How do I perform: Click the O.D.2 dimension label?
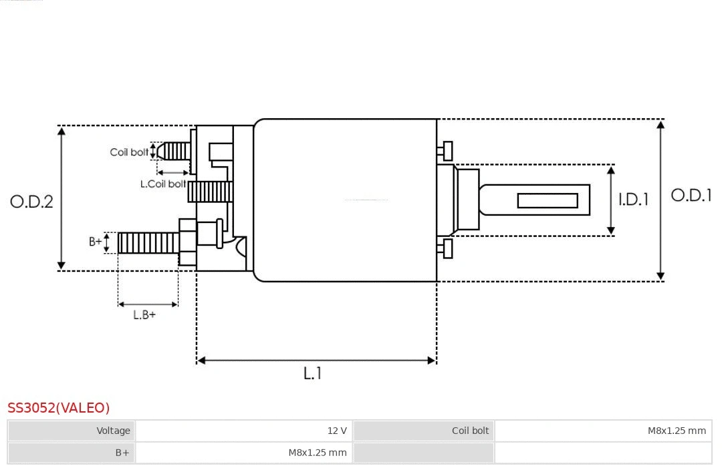tap(31, 201)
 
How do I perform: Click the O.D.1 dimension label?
tap(691, 196)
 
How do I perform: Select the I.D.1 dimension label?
tap(632, 199)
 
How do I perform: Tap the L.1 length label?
tap(312, 373)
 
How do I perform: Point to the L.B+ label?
tap(144, 314)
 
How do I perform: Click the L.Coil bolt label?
tap(163, 184)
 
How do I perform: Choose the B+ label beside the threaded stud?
tap(96, 242)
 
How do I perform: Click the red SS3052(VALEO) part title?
tap(59, 408)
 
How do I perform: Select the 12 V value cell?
tap(336, 431)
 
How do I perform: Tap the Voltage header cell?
tap(113, 431)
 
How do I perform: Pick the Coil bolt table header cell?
tap(470, 431)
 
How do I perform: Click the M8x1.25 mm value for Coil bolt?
tap(676, 431)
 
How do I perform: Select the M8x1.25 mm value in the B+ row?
tap(318, 453)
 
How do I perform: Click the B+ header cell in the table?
tap(122, 453)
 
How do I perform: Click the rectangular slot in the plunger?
tap(548, 200)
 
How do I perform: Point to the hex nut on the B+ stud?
tap(187, 242)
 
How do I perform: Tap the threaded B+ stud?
tap(148, 243)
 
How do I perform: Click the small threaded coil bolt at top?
tap(175, 151)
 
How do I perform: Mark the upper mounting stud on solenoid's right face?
tap(446, 151)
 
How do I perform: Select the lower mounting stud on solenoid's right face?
tap(446, 248)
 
